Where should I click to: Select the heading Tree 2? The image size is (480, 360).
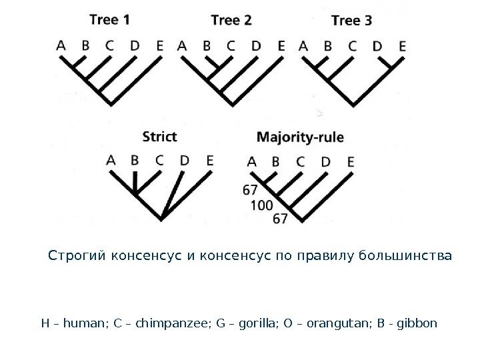[x=231, y=19]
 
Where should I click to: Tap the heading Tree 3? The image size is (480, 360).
[x=351, y=20]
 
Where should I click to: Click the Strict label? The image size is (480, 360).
[x=160, y=137]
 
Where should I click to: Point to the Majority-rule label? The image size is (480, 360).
[x=301, y=138]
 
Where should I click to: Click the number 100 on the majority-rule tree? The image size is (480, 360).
[x=261, y=205]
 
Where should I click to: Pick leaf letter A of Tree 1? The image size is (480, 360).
[x=61, y=46]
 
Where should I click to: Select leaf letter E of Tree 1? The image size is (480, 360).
[x=160, y=46]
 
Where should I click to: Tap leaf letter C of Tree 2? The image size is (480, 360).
[x=231, y=46]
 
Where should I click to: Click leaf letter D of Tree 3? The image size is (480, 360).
[x=377, y=46]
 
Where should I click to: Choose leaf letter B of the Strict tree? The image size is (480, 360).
[x=135, y=160]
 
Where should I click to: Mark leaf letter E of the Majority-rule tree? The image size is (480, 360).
[x=351, y=161]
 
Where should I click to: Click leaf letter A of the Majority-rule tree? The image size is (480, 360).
[x=251, y=161]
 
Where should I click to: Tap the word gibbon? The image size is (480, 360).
[x=419, y=324]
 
